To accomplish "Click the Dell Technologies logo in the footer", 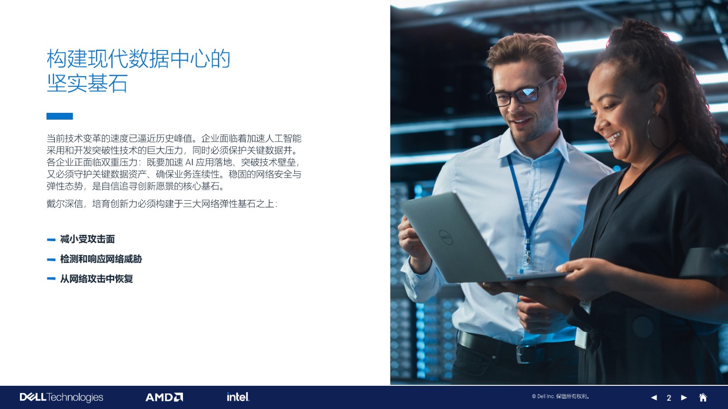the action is pos(61,397).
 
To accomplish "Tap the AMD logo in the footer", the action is pos(164,397).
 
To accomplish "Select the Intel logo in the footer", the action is pos(238,397).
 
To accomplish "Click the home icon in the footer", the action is pos(703,397).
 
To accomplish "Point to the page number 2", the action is pos(668,398).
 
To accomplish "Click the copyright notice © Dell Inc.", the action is pos(561,396).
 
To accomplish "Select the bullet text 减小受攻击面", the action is pos(87,239).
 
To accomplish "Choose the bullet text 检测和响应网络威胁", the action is pos(101,259).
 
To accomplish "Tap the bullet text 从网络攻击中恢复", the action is pos(96,279).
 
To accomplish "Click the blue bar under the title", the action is pos(60,116).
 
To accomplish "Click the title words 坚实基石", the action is pos(87,84).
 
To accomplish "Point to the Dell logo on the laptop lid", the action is pos(445,237).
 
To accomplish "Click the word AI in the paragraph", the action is pos(189,162).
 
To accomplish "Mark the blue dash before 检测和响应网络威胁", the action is pos(51,259).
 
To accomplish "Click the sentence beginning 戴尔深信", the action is pos(162,204).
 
